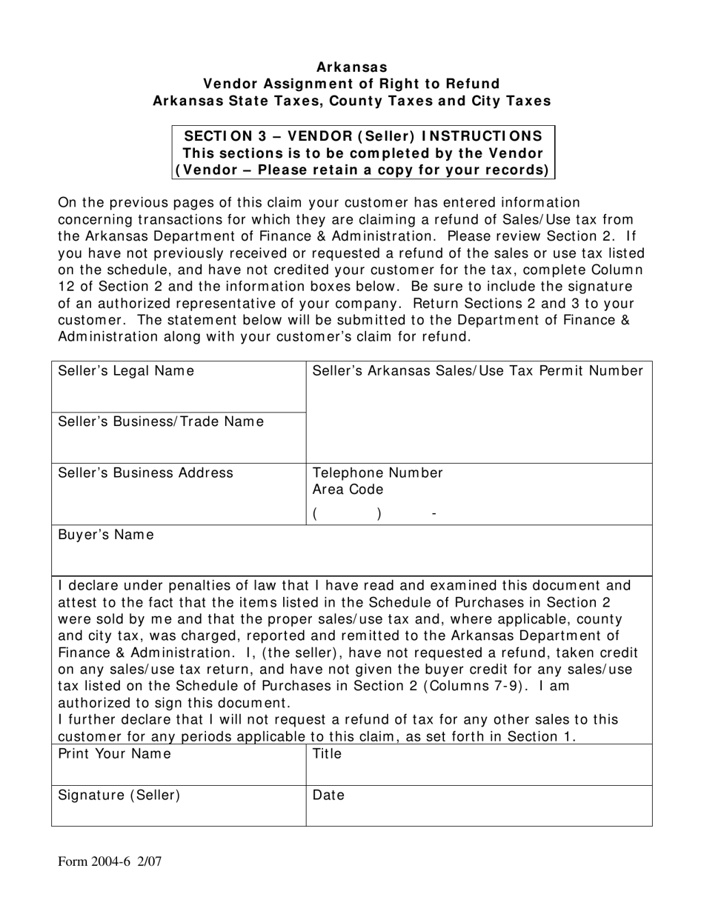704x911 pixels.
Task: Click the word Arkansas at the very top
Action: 352,67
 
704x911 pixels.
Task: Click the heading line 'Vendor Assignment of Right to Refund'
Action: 352,84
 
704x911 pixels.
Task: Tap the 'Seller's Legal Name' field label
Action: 126,371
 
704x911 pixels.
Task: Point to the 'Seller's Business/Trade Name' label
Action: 160,421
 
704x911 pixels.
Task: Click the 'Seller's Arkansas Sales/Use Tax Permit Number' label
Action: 478,371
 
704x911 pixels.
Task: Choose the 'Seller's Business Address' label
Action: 145,473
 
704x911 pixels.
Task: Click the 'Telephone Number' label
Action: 378,473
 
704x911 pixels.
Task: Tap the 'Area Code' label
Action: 348,490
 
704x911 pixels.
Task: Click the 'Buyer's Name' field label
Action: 106,535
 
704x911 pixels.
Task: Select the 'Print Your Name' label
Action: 114,754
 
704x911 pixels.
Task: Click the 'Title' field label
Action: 328,754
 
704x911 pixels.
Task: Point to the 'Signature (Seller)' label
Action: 119,795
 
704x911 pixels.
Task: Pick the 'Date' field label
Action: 328,795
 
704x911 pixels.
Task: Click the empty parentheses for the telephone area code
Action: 347,514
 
